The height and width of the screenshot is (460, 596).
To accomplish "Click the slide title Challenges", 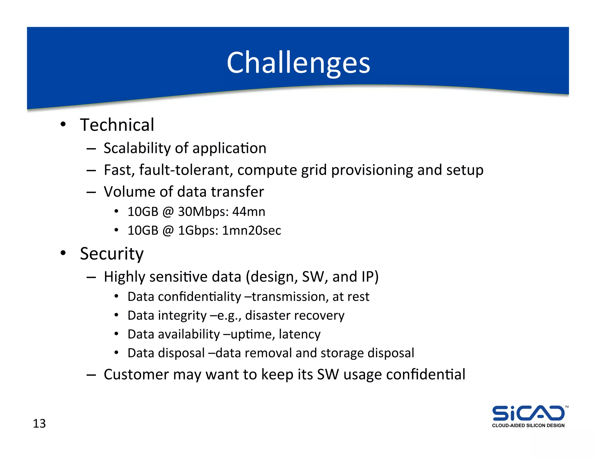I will pos(298,63).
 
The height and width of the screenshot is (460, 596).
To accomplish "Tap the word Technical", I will pos(117,125).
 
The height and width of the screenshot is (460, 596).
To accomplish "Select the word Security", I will pos(112,254).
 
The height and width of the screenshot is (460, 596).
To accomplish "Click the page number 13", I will pos(39,424).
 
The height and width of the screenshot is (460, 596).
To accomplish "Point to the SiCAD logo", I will pos(528,413).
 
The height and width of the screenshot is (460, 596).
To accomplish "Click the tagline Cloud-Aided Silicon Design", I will pos(528,425).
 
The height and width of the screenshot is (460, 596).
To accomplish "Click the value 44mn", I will pos(249,212).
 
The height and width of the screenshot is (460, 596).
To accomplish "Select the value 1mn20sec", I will pos(251,231).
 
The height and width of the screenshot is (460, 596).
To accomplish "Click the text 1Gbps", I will pos(198,231).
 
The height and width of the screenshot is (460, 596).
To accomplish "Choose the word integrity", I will pos(182,316).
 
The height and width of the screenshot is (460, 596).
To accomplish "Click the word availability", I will pos(189,334).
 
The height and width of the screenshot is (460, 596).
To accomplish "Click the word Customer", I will pos(136,375).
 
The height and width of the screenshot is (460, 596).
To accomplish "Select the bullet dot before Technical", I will pos(63,125).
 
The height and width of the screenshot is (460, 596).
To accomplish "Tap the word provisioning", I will pos(372,170).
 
